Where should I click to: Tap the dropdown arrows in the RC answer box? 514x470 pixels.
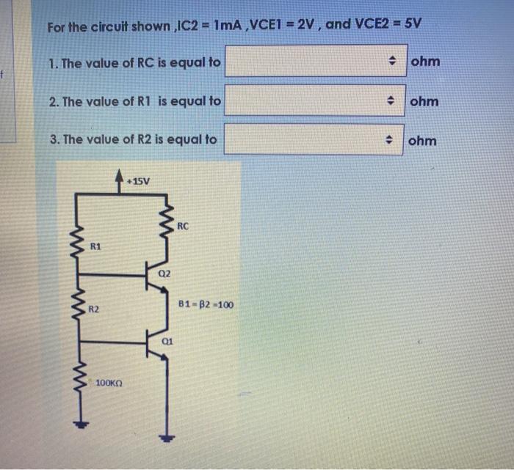393,62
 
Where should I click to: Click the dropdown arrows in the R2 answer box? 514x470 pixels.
393,139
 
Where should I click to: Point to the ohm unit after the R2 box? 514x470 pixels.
422,140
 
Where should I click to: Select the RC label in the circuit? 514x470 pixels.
184,227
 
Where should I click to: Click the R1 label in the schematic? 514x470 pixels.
95,248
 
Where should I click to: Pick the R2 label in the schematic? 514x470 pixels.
94,310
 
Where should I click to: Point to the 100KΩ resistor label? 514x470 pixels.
109,383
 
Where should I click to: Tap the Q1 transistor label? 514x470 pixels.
167,342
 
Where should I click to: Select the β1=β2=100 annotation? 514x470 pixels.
206,304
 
